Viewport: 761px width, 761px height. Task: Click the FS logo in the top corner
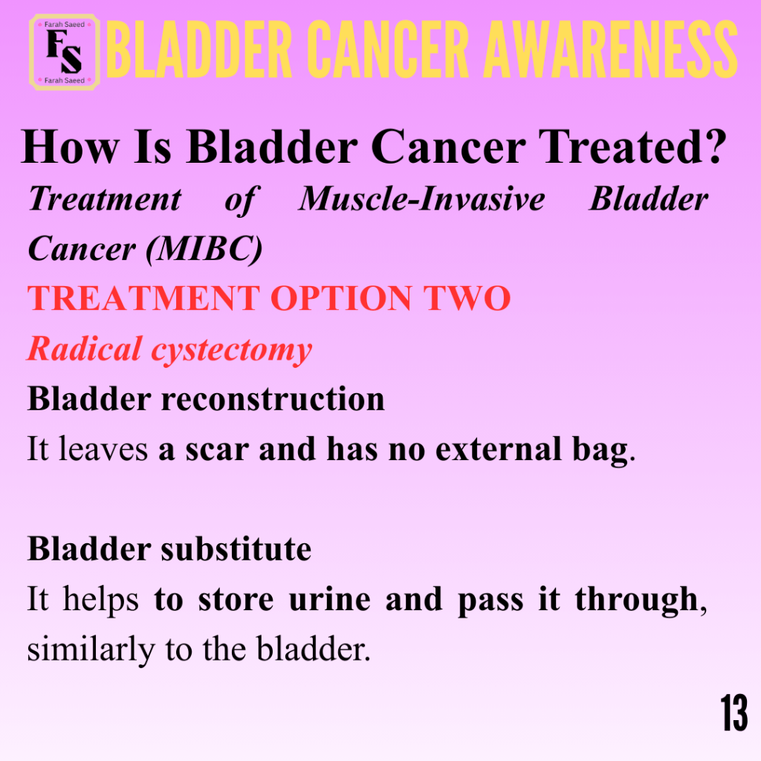pos(65,52)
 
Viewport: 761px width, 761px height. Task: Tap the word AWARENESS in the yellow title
pos(611,50)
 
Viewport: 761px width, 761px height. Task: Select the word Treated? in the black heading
pos(632,146)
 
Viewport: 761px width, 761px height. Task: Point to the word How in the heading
pos(70,147)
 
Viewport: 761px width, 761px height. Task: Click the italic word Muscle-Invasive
pos(422,199)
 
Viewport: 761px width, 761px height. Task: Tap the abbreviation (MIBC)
pos(204,250)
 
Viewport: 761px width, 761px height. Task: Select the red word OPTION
pos(341,297)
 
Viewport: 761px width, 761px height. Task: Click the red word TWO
pos(467,297)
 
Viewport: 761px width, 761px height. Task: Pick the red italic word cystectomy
pos(232,351)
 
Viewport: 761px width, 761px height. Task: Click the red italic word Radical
pos(84,349)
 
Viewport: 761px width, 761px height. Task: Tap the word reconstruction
pos(273,399)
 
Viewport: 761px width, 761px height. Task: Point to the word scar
pos(217,450)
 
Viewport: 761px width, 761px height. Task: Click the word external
pos(499,449)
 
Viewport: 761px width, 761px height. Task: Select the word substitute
pos(236,549)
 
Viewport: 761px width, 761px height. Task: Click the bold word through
pos(637,600)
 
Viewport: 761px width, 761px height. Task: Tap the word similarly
pos(91,650)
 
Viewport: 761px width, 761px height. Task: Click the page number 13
pos(734,713)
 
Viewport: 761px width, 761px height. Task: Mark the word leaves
pos(103,448)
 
